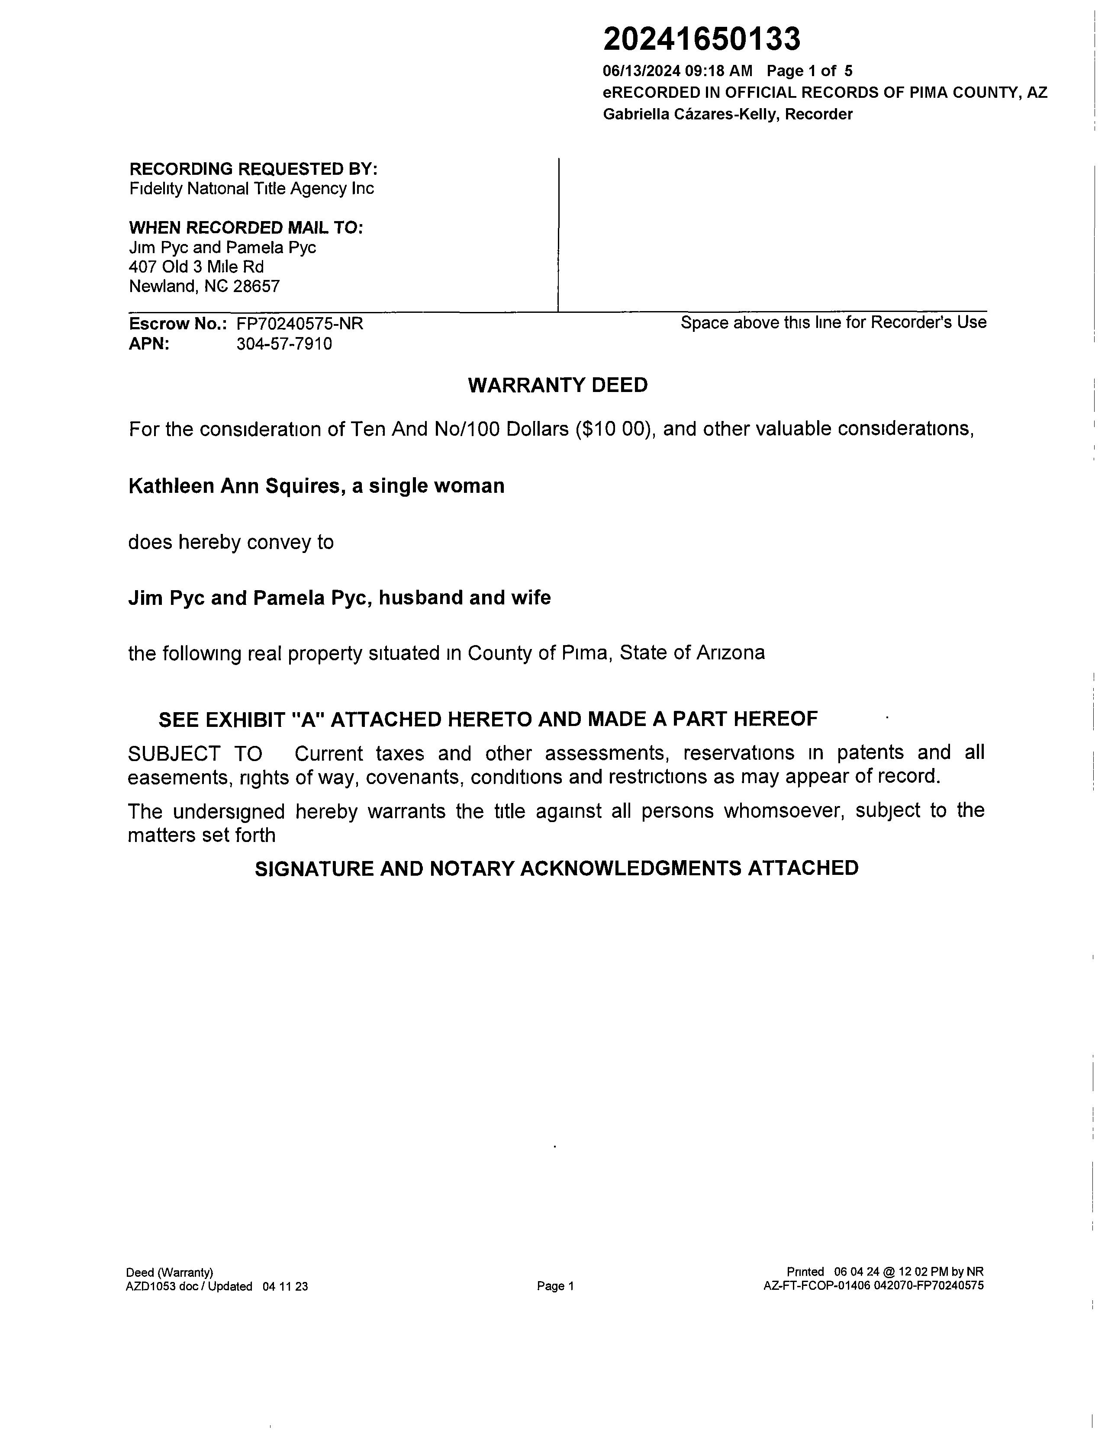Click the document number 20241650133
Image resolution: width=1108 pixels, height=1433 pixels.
(701, 39)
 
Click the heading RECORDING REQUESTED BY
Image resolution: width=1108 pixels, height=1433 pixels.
(253, 169)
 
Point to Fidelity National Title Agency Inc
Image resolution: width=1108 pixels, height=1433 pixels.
(251, 189)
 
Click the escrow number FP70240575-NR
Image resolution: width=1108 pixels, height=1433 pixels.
(300, 324)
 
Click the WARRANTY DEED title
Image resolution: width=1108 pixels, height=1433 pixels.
(557, 385)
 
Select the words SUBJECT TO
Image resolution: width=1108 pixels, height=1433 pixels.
(195, 753)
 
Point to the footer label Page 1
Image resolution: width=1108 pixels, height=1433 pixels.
(555, 1286)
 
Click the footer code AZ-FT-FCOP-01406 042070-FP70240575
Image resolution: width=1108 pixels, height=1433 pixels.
(873, 1286)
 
